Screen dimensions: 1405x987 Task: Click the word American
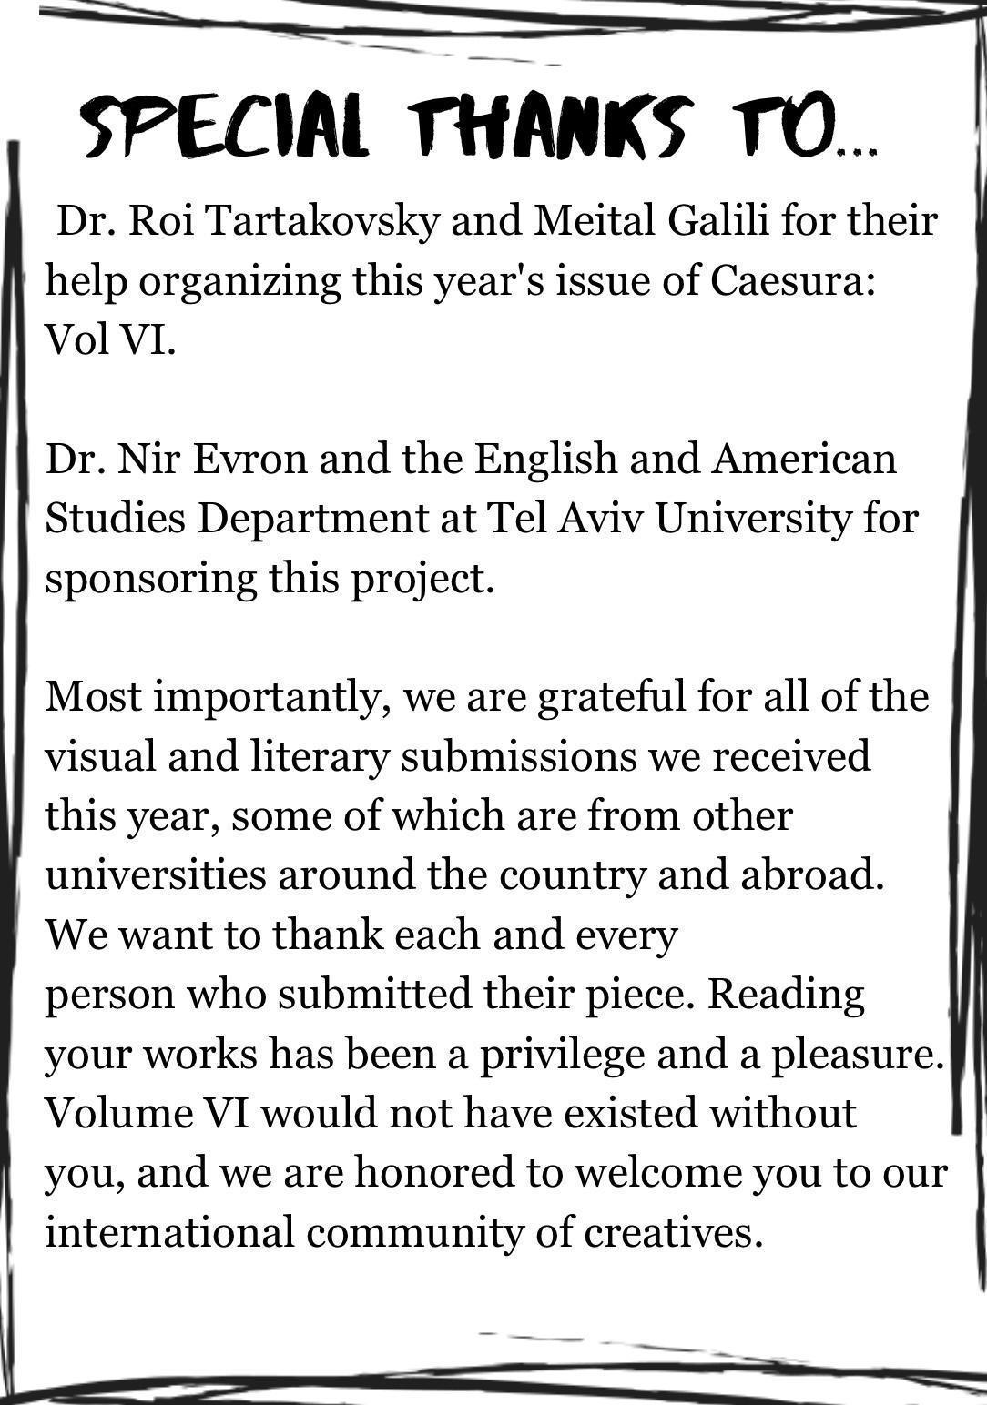[x=804, y=460]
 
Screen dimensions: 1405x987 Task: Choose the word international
[x=168, y=1233]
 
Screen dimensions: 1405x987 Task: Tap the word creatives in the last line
[x=671, y=1233]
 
